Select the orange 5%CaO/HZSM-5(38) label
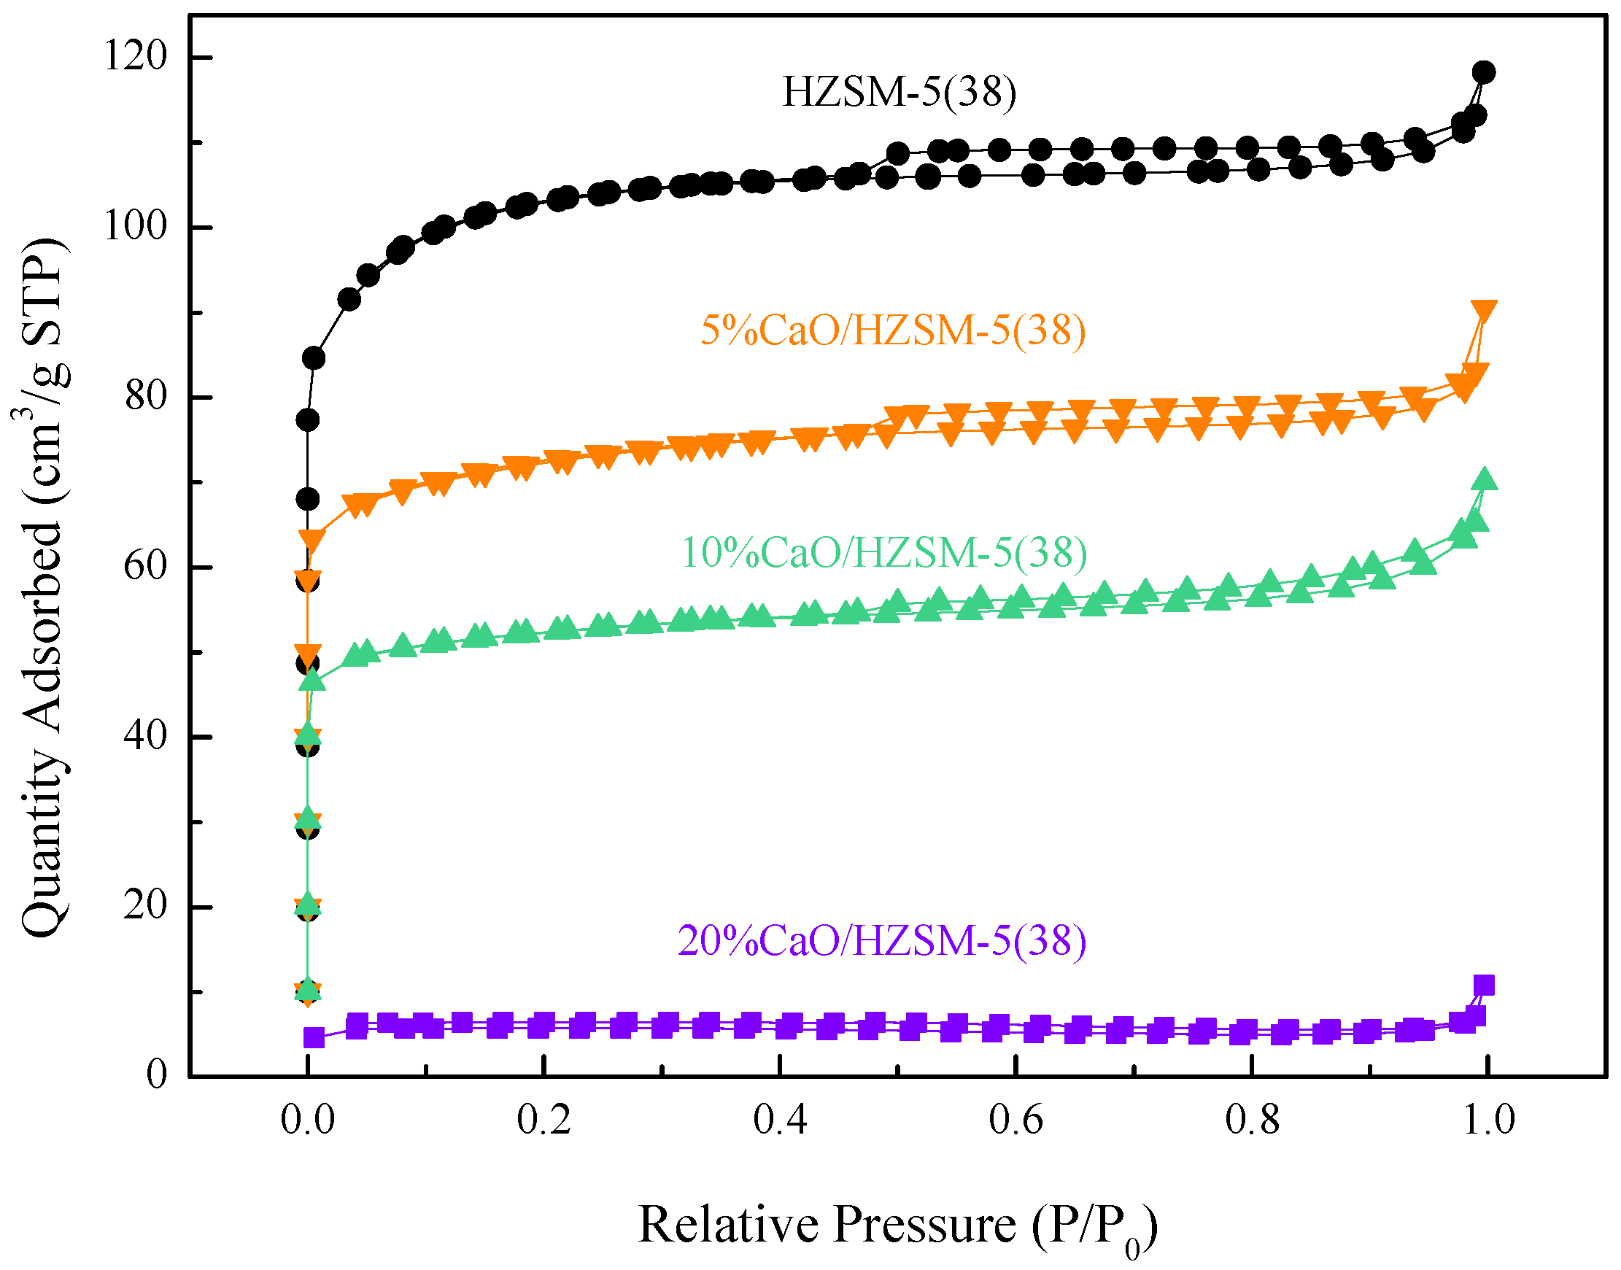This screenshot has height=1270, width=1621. [892, 330]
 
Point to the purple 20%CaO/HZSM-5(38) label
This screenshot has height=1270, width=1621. [881, 940]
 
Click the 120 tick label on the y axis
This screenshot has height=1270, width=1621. [136, 55]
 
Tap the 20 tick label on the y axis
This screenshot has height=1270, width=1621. [147, 906]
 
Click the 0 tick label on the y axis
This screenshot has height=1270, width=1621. [156, 1075]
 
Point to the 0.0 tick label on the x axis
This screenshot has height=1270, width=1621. [307, 1120]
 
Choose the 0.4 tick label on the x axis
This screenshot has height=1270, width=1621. [779, 1120]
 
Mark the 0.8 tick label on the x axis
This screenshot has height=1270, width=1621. [1252, 1120]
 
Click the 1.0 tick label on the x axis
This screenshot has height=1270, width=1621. [1488, 1120]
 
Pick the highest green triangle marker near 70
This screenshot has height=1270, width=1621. [1484, 479]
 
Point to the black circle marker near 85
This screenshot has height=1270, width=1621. [314, 358]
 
